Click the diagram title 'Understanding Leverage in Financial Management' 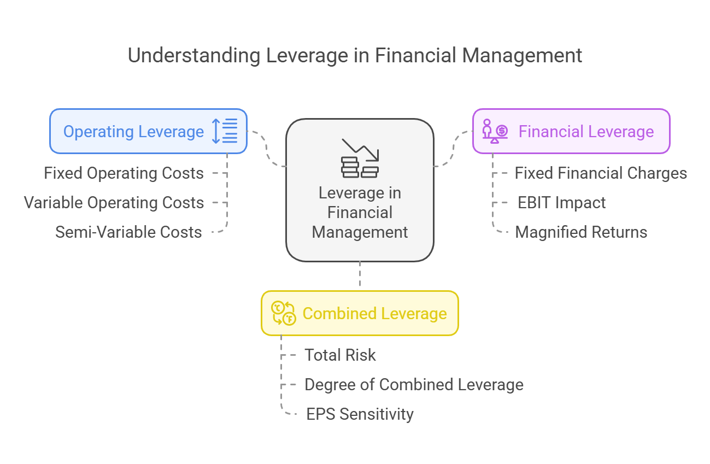(x=355, y=56)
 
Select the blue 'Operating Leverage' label (x=133, y=132)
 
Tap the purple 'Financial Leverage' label (x=586, y=132)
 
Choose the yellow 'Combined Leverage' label (x=374, y=314)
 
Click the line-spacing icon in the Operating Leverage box (x=225, y=131)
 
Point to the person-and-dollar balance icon (x=495, y=131)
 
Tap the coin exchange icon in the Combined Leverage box (x=284, y=313)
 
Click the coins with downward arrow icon (x=360, y=158)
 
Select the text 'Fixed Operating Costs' (x=124, y=173)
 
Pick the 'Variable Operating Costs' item (x=114, y=203)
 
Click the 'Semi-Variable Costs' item (x=128, y=232)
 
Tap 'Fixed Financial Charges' (x=601, y=173)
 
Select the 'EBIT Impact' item (x=561, y=203)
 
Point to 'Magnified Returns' (x=581, y=232)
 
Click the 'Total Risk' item (x=340, y=355)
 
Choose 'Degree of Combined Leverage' (x=414, y=385)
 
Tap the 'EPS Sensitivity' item (x=360, y=414)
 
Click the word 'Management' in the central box (x=360, y=232)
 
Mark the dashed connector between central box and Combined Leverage (x=360, y=274)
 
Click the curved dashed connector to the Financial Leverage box (x=453, y=148)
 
